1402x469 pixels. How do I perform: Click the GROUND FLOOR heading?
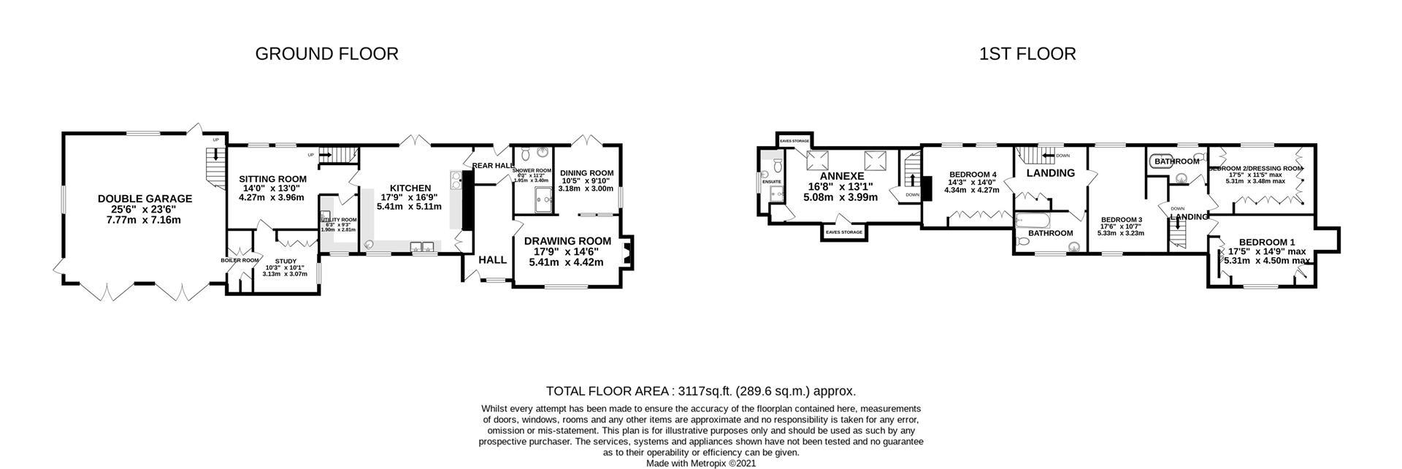click(x=326, y=53)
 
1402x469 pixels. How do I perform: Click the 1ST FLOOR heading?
click(x=1027, y=53)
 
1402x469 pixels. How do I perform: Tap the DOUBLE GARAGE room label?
click(x=145, y=199)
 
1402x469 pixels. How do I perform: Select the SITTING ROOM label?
click(x=272, y=179)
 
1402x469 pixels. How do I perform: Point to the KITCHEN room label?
click(x=409, y=188)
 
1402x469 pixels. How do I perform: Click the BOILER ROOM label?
click(x=240, y=260)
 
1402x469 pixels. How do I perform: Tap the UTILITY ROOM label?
click(x=338, y=220)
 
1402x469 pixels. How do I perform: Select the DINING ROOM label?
click(x=587, y=173)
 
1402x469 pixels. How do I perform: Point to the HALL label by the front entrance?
click(x=492, y=259)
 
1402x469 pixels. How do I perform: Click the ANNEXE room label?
click(x=842, y=176)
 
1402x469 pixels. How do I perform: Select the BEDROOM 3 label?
click(x=1121, y=220)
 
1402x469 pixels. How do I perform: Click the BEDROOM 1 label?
click(x=1266, y=243)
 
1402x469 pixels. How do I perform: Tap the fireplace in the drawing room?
click(x=627, y=253)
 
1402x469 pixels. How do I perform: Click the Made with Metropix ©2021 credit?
click(x=701, y=463)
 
